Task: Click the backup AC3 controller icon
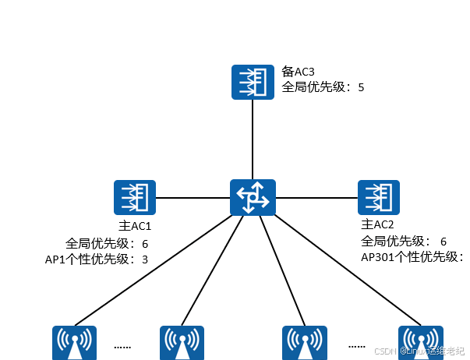(252, 82)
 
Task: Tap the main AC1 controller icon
(135, 197)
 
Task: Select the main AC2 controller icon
(379, 197)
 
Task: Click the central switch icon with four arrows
(252, 197)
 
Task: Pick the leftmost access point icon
(74, 343)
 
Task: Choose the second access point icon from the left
(182, 343)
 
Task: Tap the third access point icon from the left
(303, 343)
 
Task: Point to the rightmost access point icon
(421, 343)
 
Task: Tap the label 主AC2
(376, 227)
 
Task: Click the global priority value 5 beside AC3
(361, 87)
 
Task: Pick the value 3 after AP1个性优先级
(145, 259)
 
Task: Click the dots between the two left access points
(122, 346)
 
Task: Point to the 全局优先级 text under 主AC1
(95, 243)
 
